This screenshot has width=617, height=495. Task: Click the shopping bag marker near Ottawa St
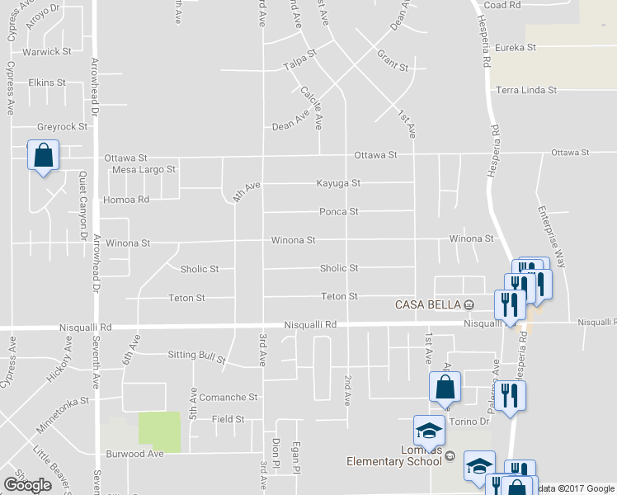pos(43,155)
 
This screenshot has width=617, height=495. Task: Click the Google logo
pos(27,484)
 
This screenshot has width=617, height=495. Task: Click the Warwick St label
pos(48,51)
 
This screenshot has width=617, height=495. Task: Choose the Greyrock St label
pos(62,127)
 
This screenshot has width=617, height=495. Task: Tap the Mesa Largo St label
pos(144,169)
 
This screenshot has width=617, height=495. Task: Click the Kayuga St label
pos(338,183)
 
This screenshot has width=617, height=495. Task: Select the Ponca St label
pos(339,212)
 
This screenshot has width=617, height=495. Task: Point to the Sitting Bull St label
pos(196,356)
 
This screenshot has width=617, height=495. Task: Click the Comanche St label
pos(228,397)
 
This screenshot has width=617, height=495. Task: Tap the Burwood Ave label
pos(135,454)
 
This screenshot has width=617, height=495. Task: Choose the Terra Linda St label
pos(526,90)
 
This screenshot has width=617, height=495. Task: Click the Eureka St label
pos(516,48)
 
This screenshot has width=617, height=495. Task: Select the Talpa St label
pos(300,62)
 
